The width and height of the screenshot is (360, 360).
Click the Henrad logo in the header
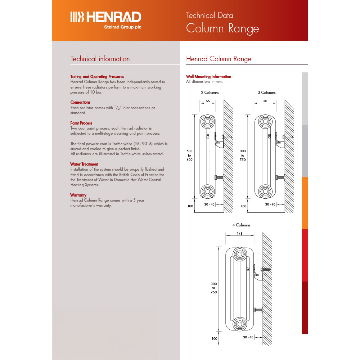click(x=105, y=17)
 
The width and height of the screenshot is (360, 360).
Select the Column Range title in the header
click(x=222, y=28)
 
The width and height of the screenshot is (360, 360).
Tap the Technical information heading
click(x=100, y=59)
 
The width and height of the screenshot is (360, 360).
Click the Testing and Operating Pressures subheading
click(x=97, y=77)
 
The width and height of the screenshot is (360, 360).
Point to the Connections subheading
click(x=80, y=102)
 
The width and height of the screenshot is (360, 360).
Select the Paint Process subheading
click(x=81, y=123)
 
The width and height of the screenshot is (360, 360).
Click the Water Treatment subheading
click(x=84, y=164)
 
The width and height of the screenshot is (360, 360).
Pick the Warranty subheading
click(x=79, y=195)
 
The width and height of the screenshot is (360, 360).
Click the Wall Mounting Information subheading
click(x=208, y=77)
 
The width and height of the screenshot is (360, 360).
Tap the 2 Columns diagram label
click(x=210, y=93)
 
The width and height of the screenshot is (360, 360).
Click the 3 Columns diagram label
click(x=266, y=93)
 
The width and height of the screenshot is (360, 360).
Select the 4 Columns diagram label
click(x=241, y=225)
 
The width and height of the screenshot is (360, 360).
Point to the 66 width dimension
click(x=208, y=101)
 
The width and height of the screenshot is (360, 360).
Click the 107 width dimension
click(x=265, y=101)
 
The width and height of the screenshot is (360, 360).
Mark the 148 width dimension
click(x=240, y=233)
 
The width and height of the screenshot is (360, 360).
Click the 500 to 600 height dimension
click(x=189, y=155)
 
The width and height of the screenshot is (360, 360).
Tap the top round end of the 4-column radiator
click(x=239, y=254)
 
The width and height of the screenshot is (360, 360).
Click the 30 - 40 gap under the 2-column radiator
click(x=209, y=204)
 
